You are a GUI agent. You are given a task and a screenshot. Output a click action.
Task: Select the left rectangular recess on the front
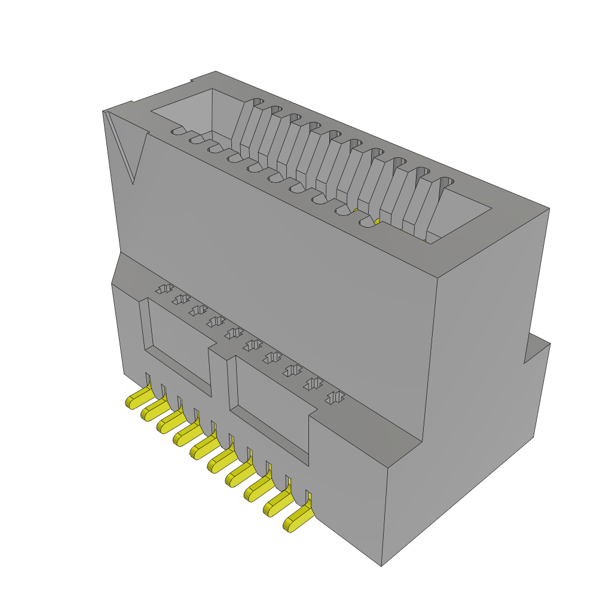pos(179,347)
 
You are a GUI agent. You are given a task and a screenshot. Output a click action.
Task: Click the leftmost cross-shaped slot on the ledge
pos(163,289)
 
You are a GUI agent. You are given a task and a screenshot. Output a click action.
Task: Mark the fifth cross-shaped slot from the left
pos(234,333)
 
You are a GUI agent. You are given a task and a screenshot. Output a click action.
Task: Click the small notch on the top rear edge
pos(191,82)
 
